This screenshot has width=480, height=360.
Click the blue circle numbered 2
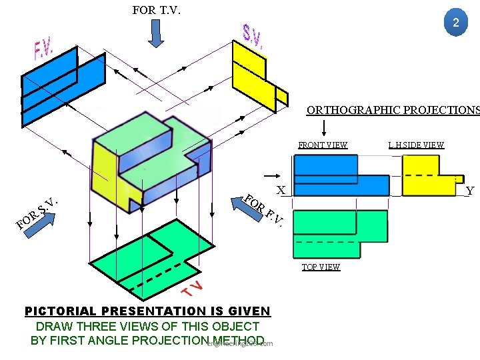[x=456, y=23]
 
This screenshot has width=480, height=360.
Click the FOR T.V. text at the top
[x=157, y=10]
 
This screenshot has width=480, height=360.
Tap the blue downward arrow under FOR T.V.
[x=155, y=35]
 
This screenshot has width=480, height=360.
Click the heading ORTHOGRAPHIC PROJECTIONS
[x=393, y=110]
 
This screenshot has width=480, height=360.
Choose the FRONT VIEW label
[x=323, y=145]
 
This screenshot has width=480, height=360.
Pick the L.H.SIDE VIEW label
[x=416, y=145]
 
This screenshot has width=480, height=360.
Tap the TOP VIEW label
[x=321, y=267]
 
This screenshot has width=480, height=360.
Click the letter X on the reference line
[x=281, y=190]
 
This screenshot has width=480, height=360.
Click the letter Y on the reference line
[x=470, y=191]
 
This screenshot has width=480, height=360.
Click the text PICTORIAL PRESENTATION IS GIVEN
[x=147, y=311]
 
